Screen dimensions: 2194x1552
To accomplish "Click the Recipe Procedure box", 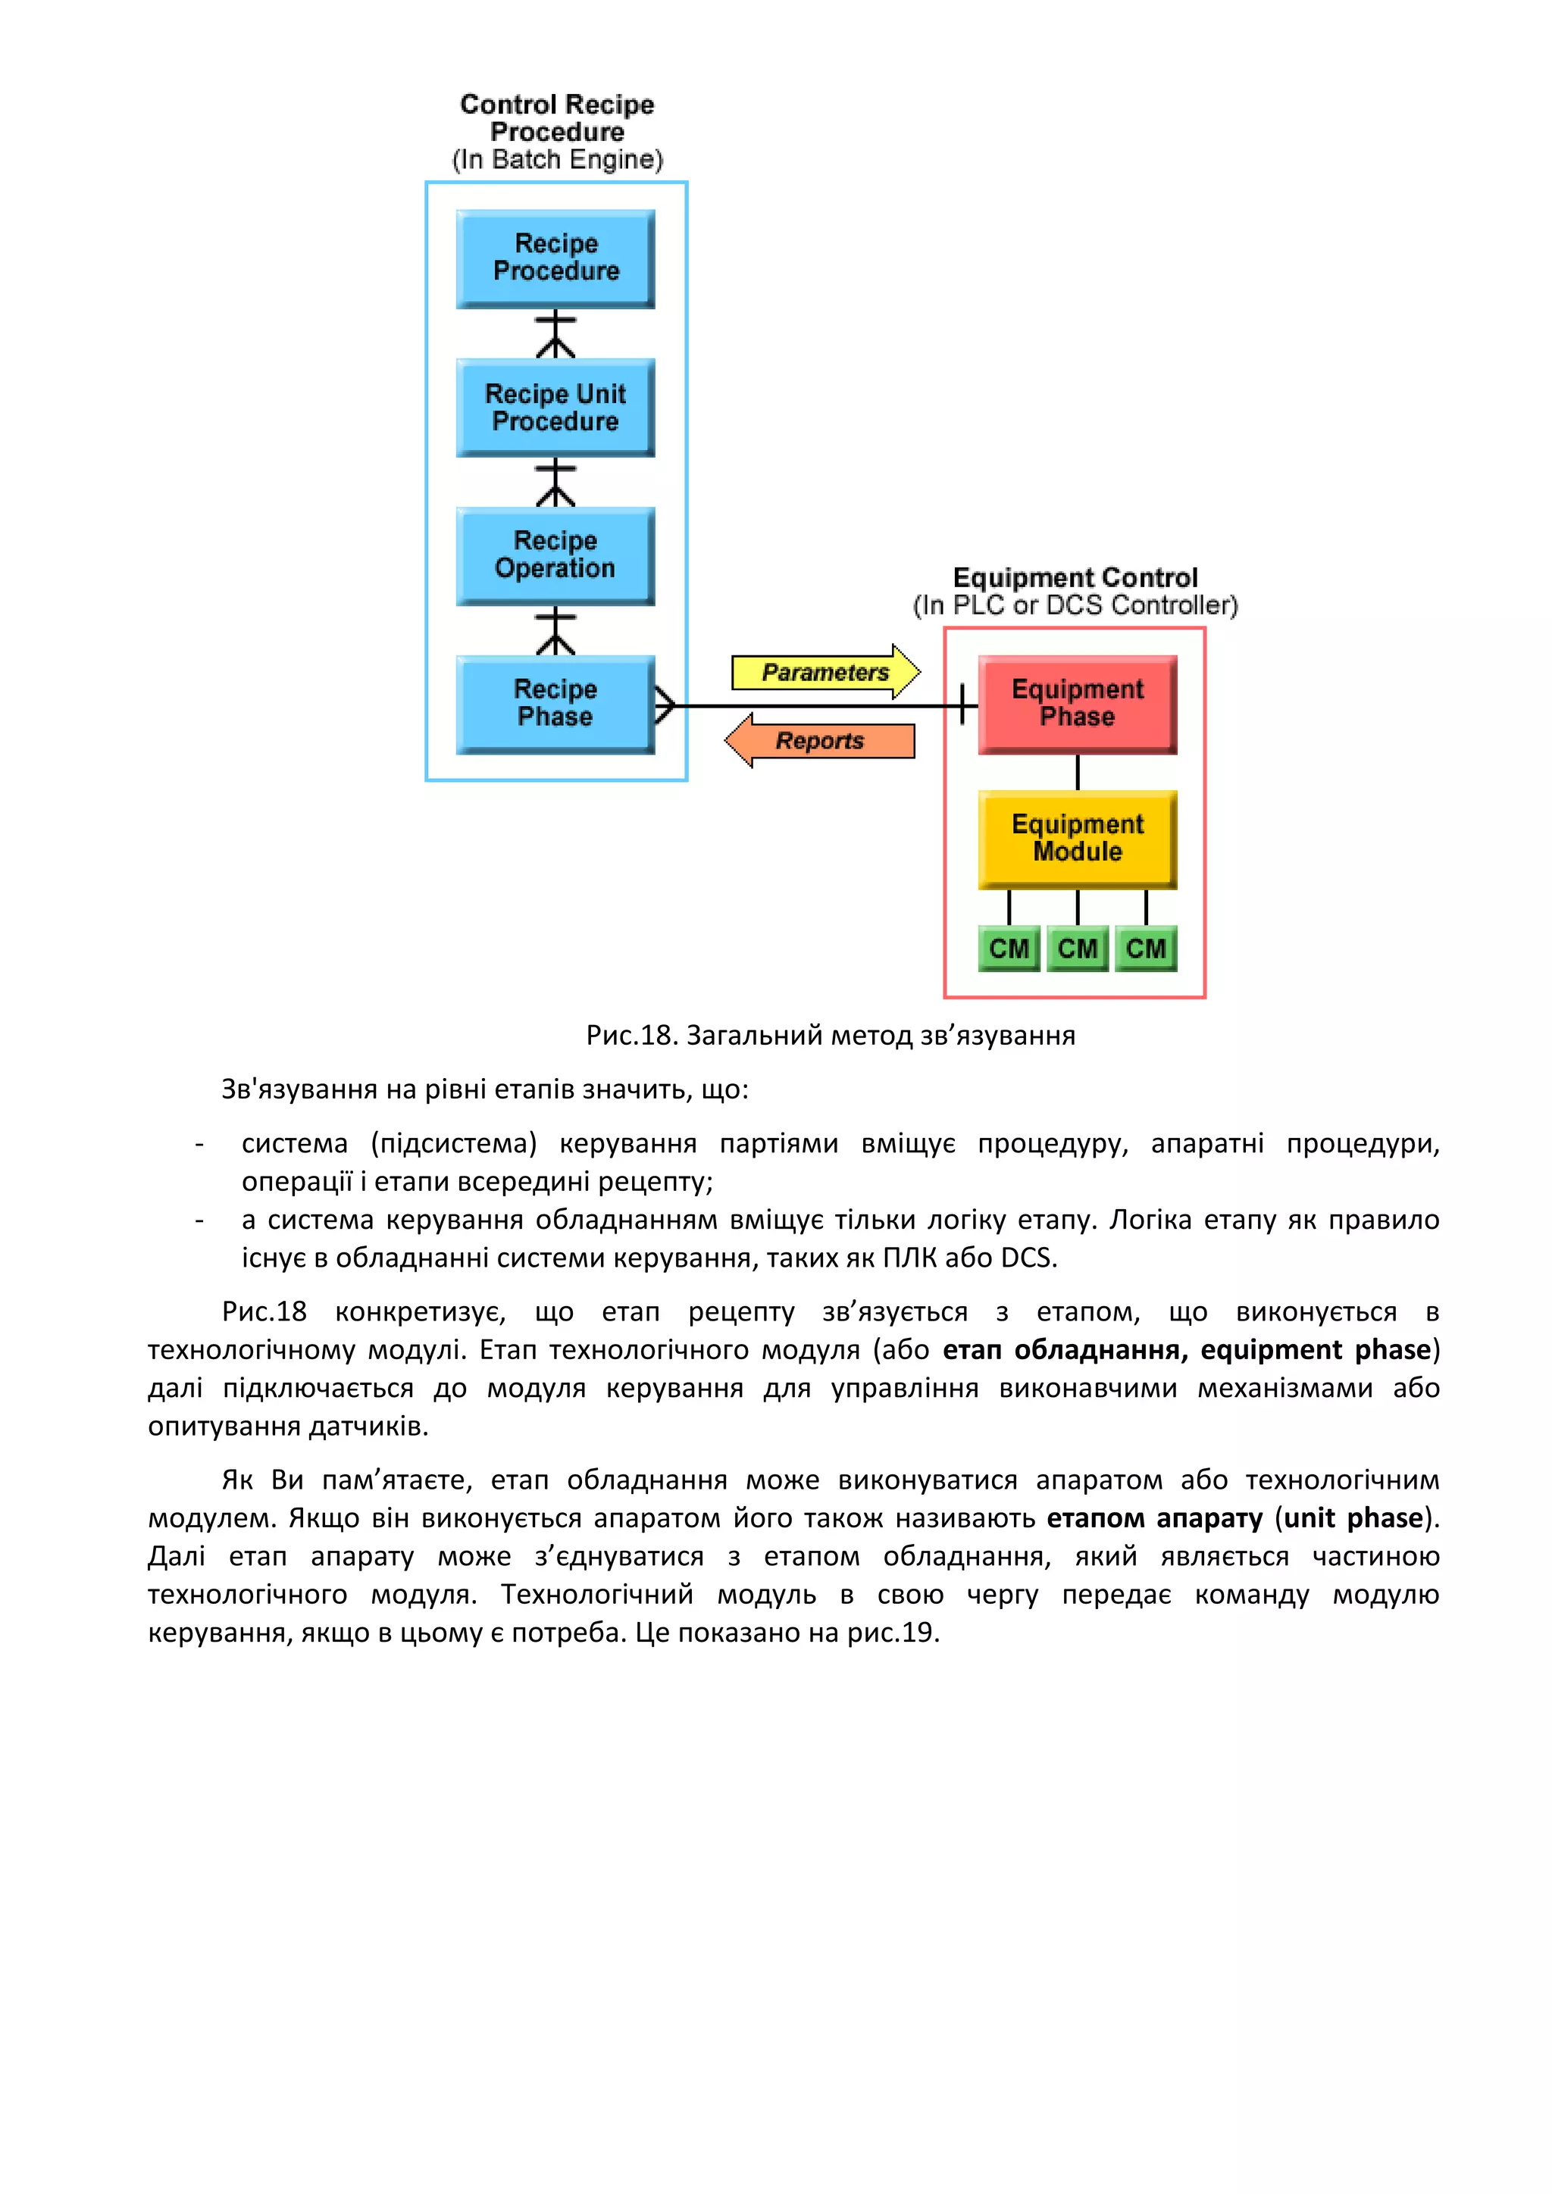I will pyautogui.click(x=555, y=258).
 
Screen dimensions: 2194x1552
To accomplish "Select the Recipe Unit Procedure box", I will pyautogui.click(x=555, y=407).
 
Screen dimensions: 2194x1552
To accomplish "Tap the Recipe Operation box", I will pyautogui.click(x=555, y=555).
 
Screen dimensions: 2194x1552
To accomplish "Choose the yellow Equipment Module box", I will pyautogui.click(x=1077, y=838).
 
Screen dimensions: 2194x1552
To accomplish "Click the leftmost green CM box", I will pyautogui.click(x=1008, y=948).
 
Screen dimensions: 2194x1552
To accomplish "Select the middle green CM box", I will pyautogui.click(x=1077, y=948).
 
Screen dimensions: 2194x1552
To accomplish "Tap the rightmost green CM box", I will pyautogui.click(x=1146, y=948).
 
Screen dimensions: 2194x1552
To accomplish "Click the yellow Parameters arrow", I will pyautogui.click(x=824, y=672).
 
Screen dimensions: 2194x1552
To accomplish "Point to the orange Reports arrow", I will pyautogui.click(x=820, y=741).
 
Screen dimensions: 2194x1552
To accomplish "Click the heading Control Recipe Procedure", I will pyautogui.click(x=557, y=117).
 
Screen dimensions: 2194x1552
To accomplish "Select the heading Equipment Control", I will pyautogui.click(x=1075, y=577).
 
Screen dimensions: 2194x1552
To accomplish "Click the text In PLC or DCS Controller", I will pyautogui.click(x=1075, y=605).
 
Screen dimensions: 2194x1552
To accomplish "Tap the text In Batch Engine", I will pyautogui.click(x=557, y=160).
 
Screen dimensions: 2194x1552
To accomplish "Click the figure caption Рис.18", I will pyautogui.click(x=630, y=1035).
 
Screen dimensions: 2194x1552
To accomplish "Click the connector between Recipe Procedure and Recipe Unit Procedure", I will pyautogui.click(x=555, y=333).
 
